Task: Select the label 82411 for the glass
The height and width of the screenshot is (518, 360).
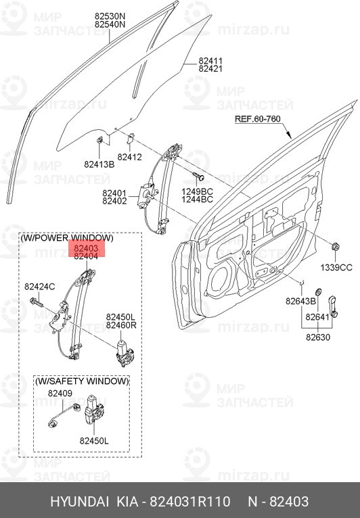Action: pyautogui.click(x=210, y=61)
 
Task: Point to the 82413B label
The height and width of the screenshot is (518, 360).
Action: pyautogui.click(x=98, y=163)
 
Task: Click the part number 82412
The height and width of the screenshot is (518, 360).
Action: pyautogui.click(x=129, y=157)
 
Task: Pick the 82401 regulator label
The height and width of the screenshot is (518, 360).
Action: pyautogui.click(x=115, y=193)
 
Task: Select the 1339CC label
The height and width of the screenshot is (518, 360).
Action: pyautogui.click(x=336, y=267)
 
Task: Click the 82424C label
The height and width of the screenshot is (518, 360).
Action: pyautogui.click(x=40, y=287)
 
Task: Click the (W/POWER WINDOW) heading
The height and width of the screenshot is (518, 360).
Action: pyautogui.click(x=67, y=238)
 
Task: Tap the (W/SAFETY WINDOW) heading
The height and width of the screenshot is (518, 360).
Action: pyautogui.click(x=82, y=381)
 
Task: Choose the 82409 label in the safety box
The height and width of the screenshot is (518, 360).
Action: pyautogui.click(x=60, y=393)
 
